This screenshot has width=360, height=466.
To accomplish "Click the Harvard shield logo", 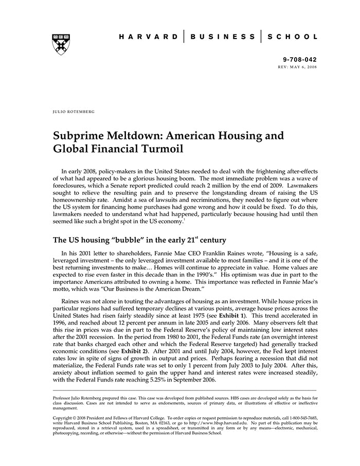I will coord(61,44).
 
